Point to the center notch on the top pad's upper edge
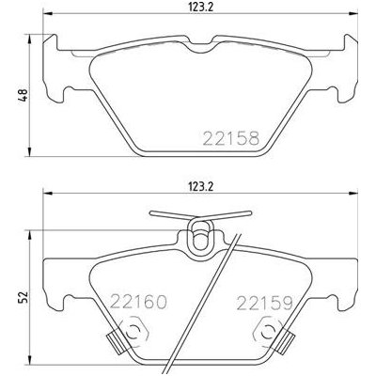(199, 44)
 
